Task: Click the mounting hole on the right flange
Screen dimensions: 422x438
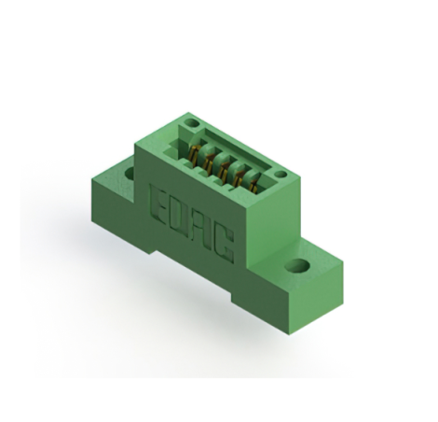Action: [x=296, y=266]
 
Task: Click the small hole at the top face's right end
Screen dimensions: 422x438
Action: [x=280, y=174]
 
